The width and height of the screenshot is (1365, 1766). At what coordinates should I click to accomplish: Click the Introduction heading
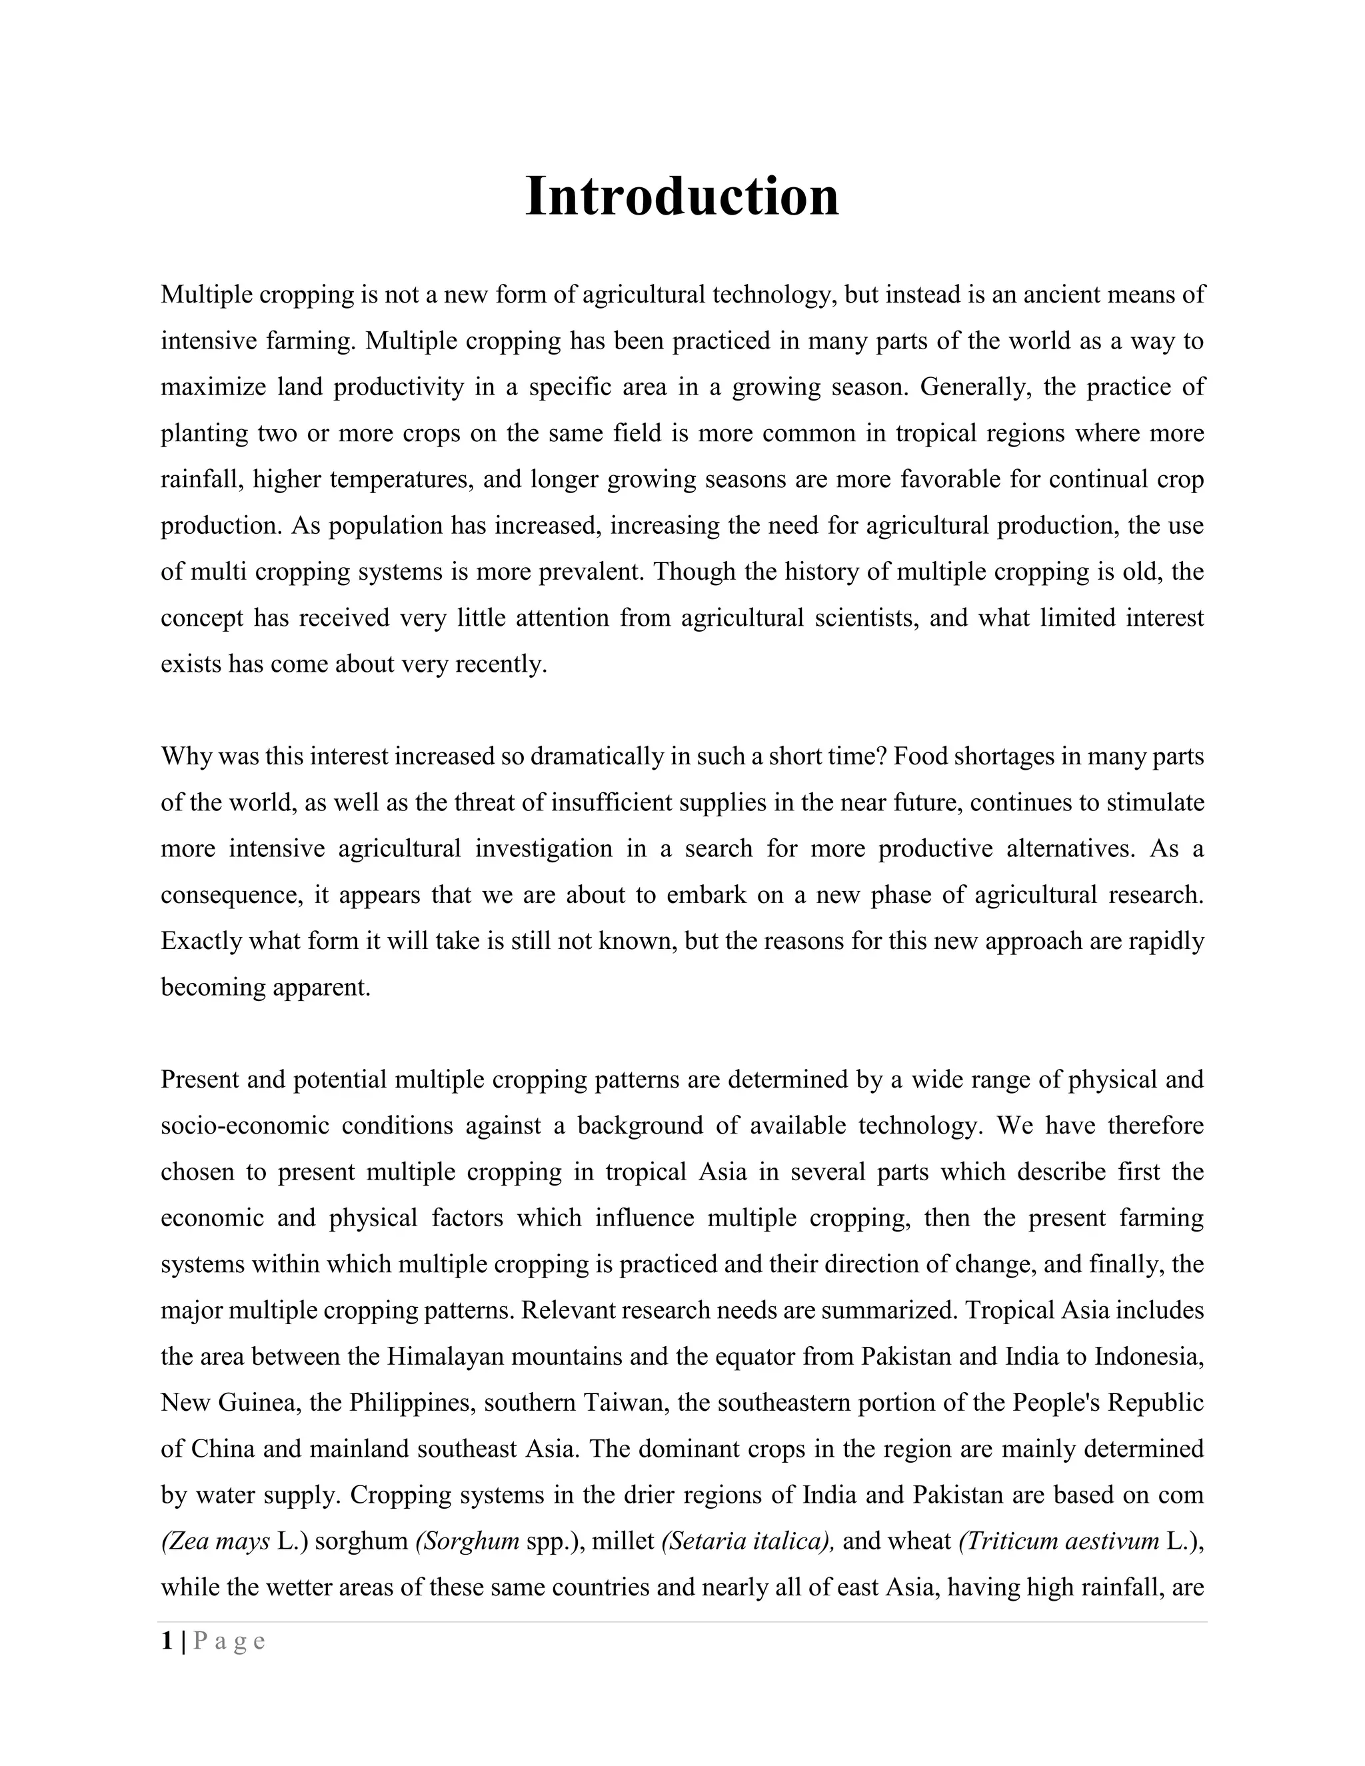point(682,197)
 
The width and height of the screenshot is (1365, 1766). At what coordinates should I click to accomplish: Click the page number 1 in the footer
point(167,1641)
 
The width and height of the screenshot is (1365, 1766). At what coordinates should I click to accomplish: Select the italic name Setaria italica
point(747,1541)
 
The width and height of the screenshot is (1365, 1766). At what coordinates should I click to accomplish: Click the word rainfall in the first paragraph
point(200,480)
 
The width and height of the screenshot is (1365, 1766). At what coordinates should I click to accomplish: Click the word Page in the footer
point(230,1641)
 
